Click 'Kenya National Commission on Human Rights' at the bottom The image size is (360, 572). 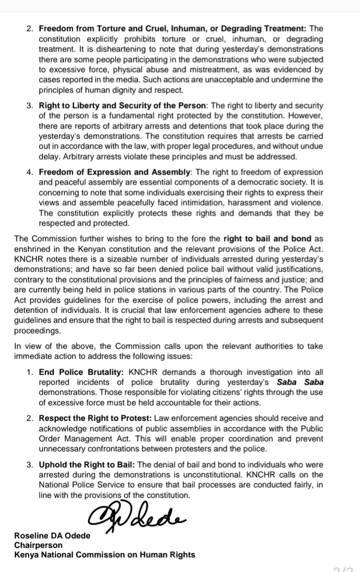coord(105,554)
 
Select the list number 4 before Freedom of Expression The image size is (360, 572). coord(29,171)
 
